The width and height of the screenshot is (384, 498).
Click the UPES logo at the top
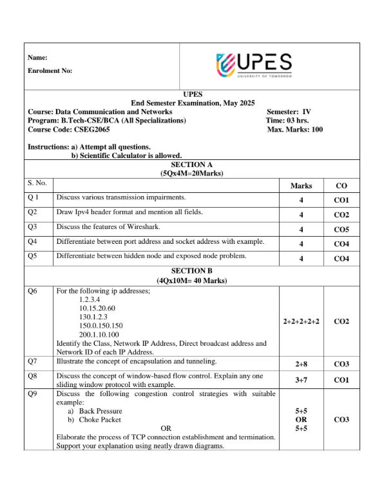[254, 66]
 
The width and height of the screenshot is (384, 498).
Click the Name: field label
[38, 58]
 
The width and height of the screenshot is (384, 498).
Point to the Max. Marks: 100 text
[294, 130]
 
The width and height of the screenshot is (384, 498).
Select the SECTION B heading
[191, 272]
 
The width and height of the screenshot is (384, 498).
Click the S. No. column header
[38, 184]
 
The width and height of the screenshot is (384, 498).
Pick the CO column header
[341, 186]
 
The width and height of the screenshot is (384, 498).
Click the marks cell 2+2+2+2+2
[301, 321]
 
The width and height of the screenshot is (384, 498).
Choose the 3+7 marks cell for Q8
[301, 381]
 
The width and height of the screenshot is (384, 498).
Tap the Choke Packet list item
[97, 420]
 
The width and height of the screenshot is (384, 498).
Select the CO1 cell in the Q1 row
[341, 201]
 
